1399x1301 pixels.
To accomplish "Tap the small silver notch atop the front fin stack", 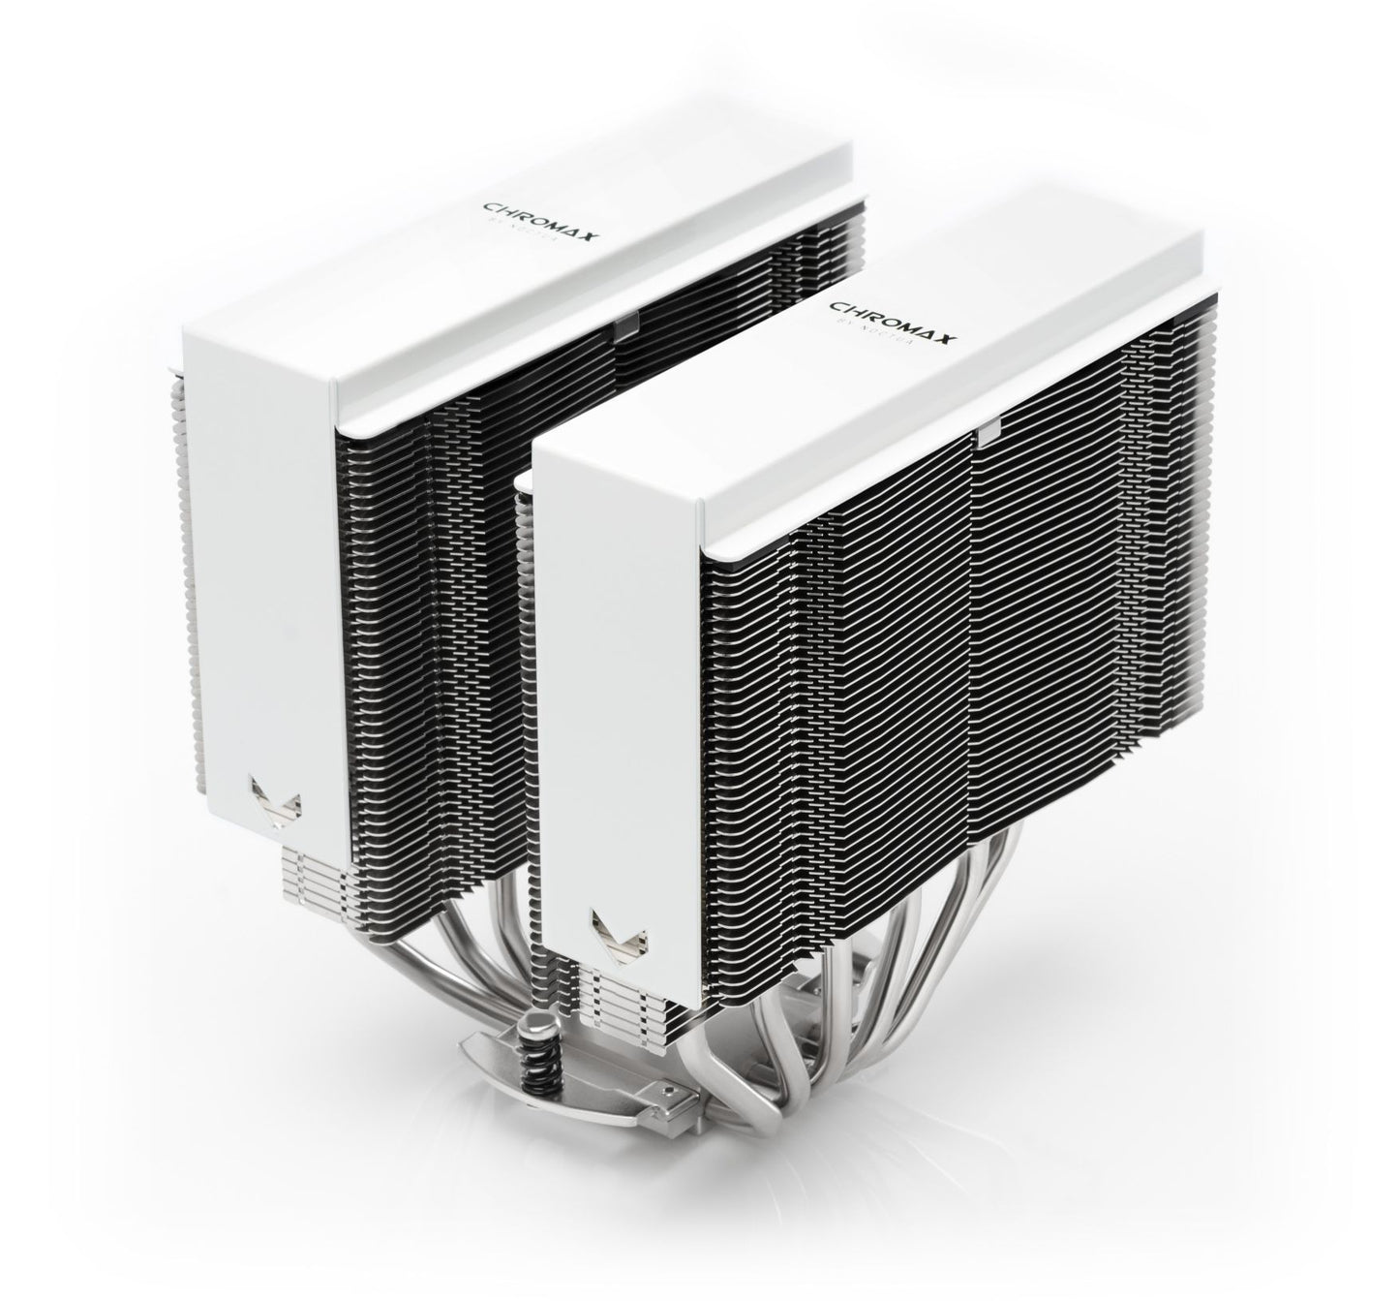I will click(x=989, y=430).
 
